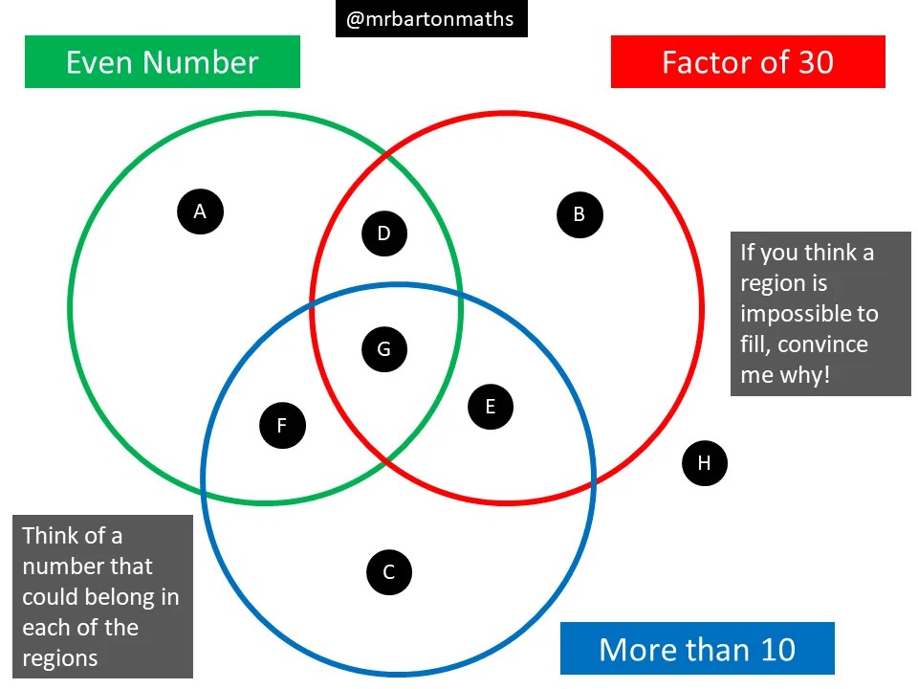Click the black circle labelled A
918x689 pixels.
click(x=200, y=211)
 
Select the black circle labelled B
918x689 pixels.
click(x=579, y=214)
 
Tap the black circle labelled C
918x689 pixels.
click(x=389, y=572)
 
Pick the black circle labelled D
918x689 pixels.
click(x=384, y=233)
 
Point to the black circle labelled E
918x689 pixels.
click(x=491, y=407)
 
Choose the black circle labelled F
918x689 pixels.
click(x=282, y=426)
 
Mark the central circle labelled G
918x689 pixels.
click(x=384, y=349)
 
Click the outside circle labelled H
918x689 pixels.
click(x=705, y=463)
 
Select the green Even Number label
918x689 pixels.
click(x=163, y=62)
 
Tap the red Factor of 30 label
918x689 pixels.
click(x=748, y=62)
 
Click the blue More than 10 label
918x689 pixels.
click(x=697, y=649)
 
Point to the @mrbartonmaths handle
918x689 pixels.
click(x=430, y=19)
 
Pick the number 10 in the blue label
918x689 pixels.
click(x=777, y=649)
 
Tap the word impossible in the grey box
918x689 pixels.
click(x=809, y=314)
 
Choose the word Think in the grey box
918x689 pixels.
click(x=47, y=536)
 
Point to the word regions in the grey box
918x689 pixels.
click(x=60, y=658)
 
